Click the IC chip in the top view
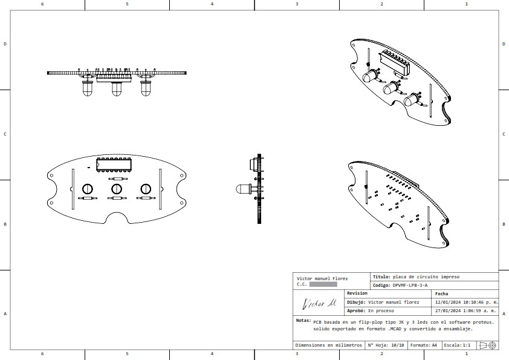click(114, 163)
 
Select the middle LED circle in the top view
click(116, 189)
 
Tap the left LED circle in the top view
click(87, 189)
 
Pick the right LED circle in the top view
click(145, 189)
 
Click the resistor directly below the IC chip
click(116, 179)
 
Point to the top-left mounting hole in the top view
click(52, 175)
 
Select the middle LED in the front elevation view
click(116, 89)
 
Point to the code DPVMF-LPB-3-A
click(409, 285)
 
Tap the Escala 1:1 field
click(456, 345)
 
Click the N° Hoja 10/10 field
click(386, 345)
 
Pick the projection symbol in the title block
click(487, 345)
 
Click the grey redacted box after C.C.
click(323, 284)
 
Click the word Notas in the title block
click(303, 321)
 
